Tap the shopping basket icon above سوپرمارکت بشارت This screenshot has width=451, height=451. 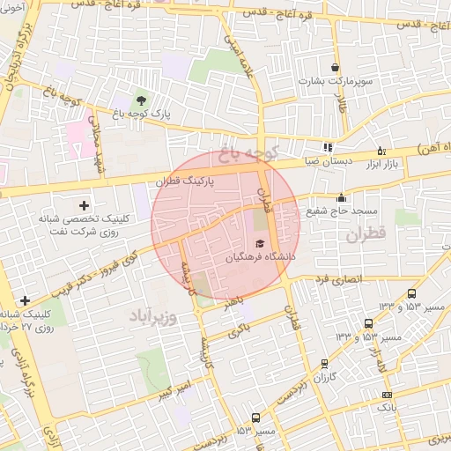tap(335, 67)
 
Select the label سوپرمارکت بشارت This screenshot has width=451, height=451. tap(330, 82)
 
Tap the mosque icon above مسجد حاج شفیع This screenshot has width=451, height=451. tap(341, 198)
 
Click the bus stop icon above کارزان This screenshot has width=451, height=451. tap(324, 362)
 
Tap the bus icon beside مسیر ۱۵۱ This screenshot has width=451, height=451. tap(255, 418)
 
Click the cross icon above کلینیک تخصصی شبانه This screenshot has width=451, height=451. tap(84, 204)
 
